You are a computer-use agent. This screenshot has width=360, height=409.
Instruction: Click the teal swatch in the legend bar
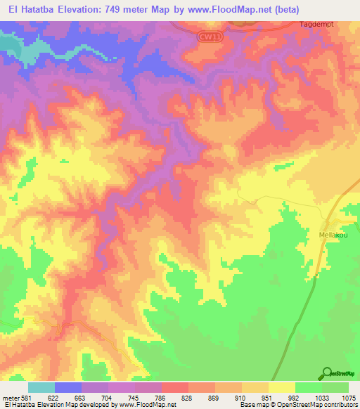pyautogui.click(x=41, y=387)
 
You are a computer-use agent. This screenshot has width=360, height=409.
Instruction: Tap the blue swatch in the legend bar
pyautogui.click(x=68, y=387)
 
